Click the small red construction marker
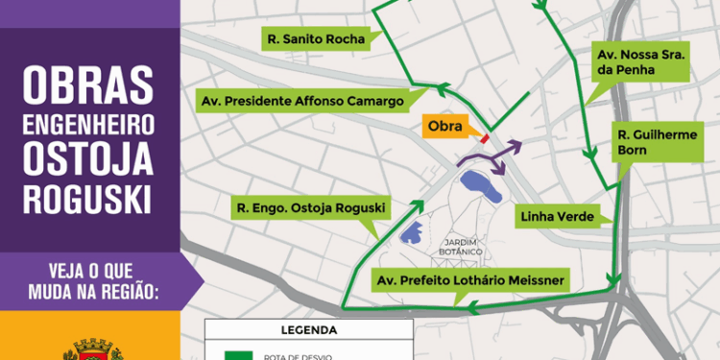[485, 138]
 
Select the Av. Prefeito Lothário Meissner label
[470, 280]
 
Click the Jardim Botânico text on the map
[462, 246]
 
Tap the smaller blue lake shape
[410, 232]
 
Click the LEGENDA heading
[308, 330]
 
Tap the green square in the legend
[237, 354]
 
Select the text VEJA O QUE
[88, 268]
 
